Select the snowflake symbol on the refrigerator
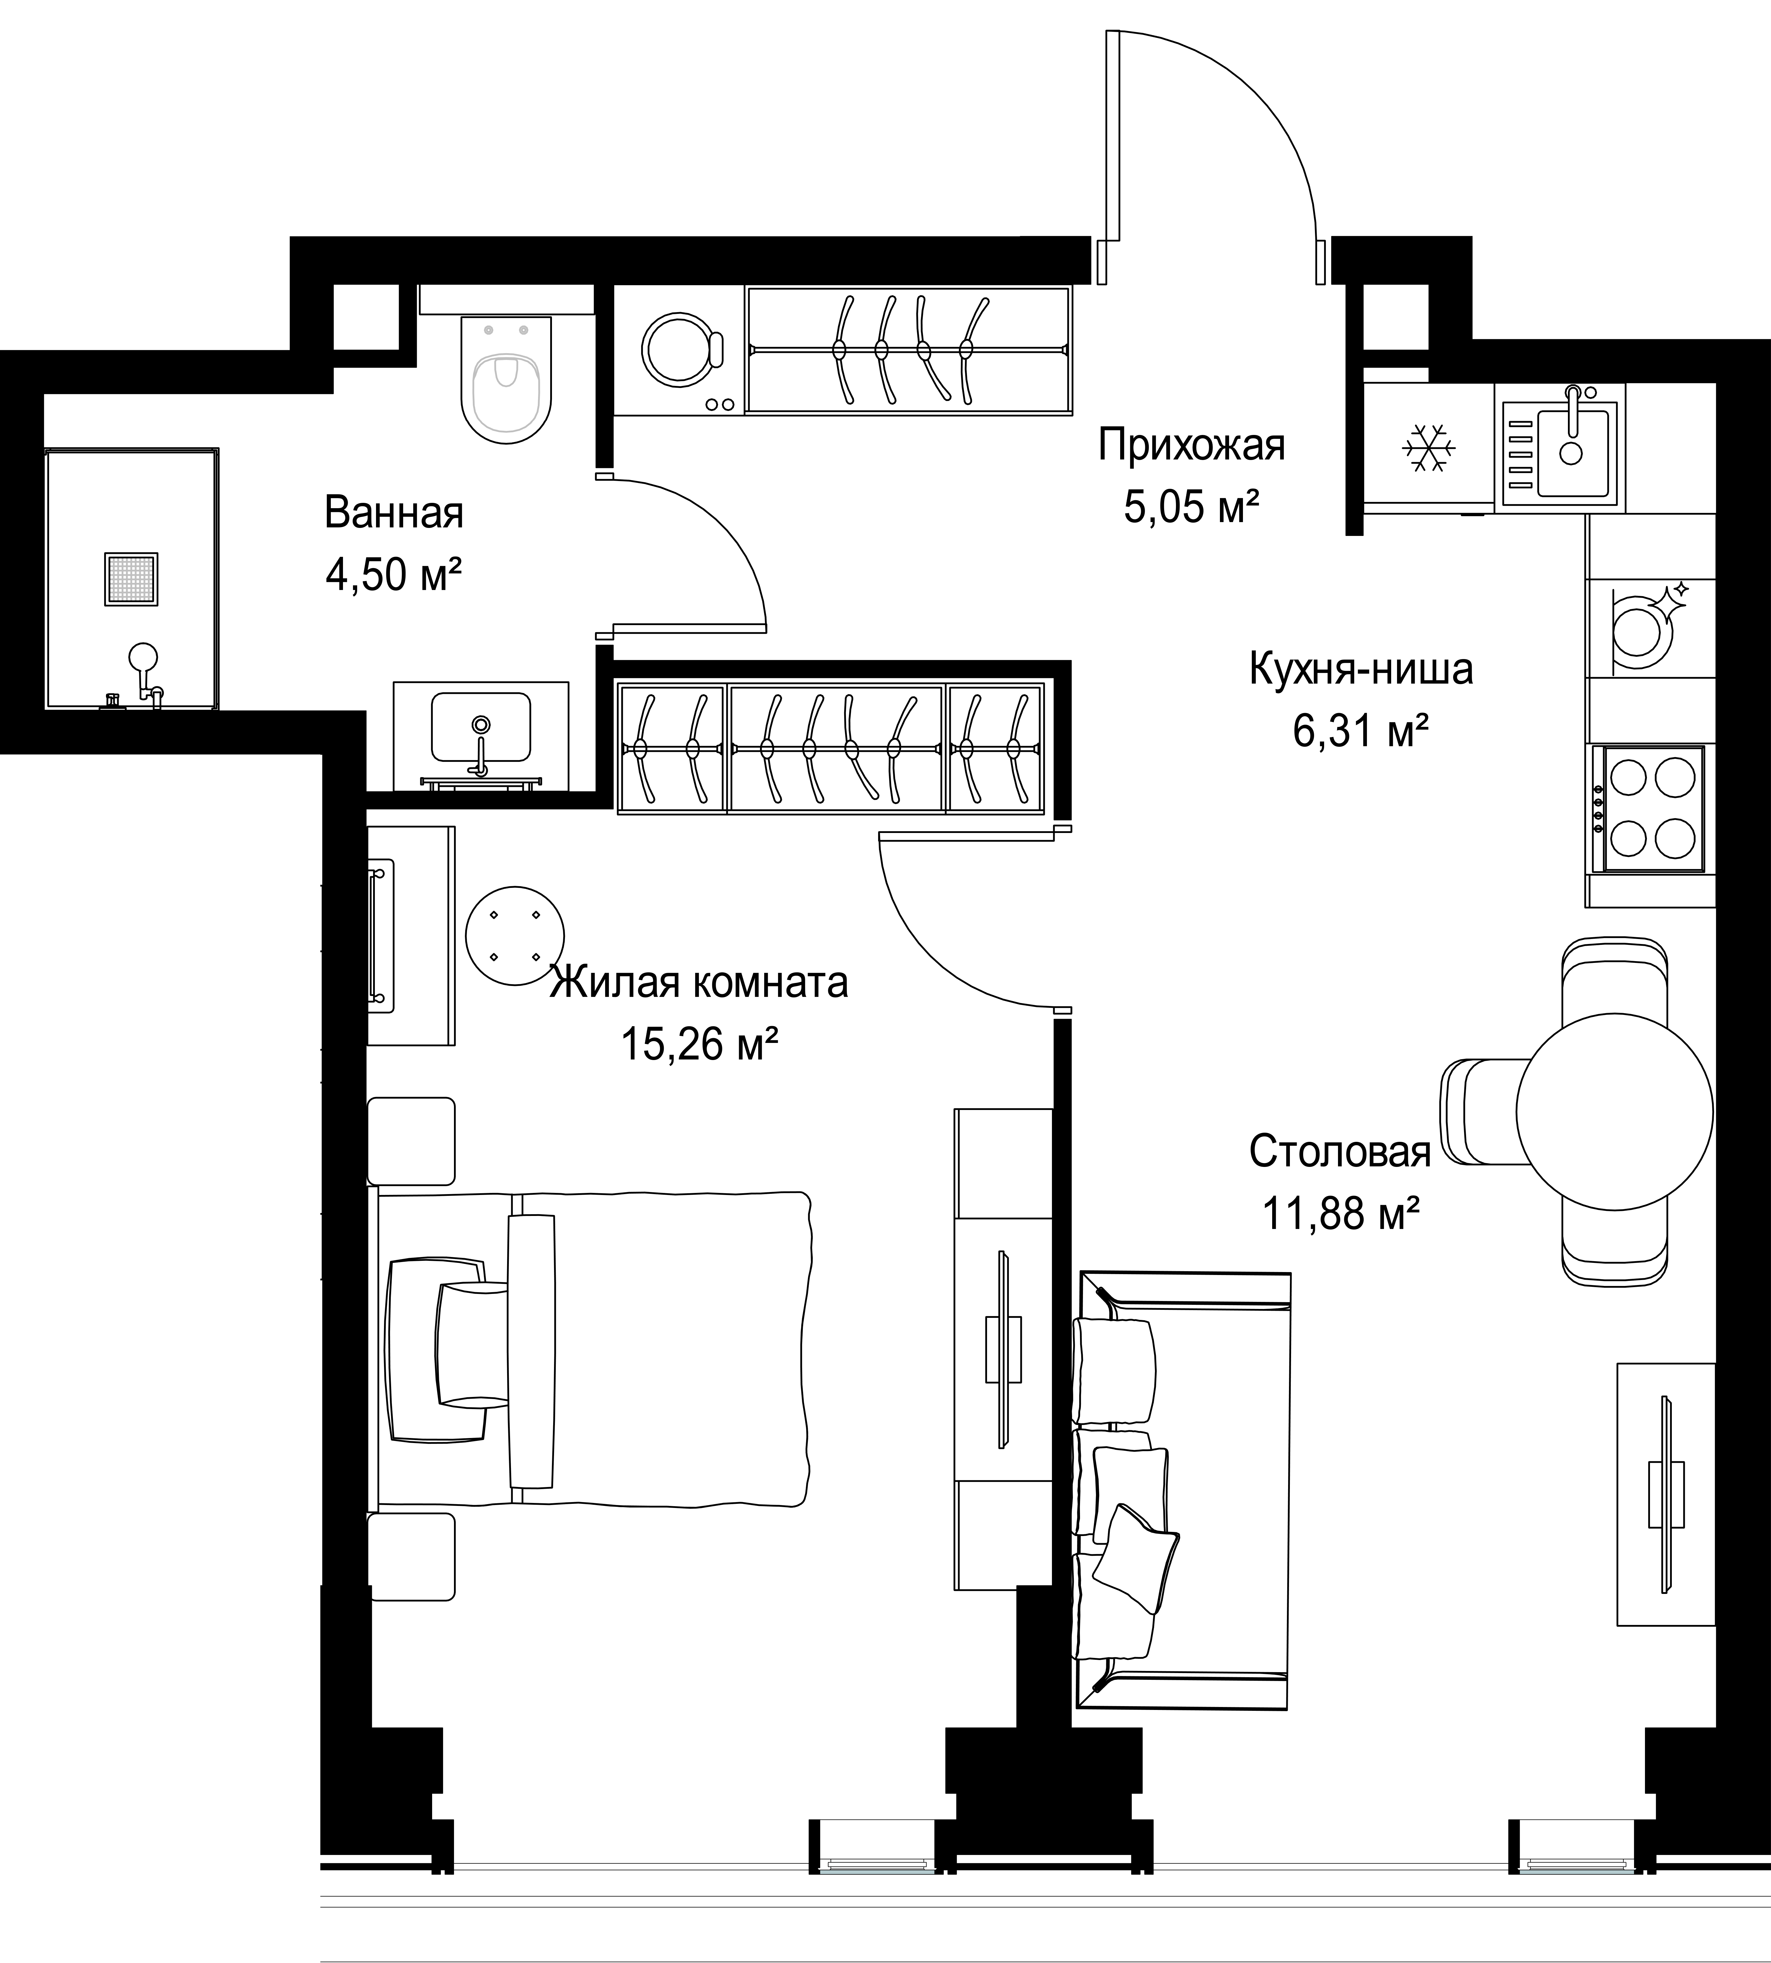coord(1429,448)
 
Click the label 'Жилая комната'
coord(699,983)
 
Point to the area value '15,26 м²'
coord(700,1045)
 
